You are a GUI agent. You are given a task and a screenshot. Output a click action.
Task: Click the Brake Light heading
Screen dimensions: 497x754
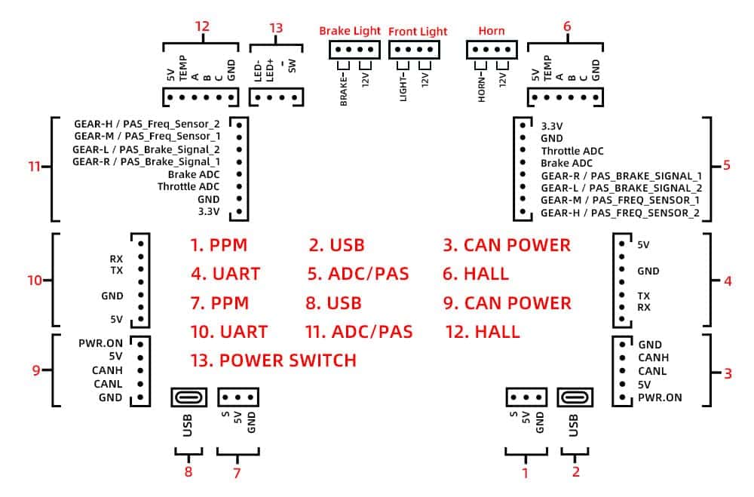[x=351, y=31]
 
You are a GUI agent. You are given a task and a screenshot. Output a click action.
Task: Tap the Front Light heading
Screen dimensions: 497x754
[x=418, y=32]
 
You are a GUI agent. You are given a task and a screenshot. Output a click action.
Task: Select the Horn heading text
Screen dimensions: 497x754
[x=492, y=32]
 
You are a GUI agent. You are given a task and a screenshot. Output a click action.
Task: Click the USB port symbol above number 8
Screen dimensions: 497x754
[x=187, y=397]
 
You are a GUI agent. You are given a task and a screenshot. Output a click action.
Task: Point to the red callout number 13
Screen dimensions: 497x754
[x=276, y=28]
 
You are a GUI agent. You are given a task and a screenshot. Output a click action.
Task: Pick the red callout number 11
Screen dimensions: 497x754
[x=32, y=166]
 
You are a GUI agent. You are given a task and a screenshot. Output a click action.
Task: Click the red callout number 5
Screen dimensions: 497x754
[x=726, y=165]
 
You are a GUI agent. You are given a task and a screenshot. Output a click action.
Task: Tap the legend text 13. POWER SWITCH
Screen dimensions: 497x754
[x=273, y=360]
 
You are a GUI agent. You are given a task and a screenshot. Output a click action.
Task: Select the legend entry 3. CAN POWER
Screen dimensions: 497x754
[x=507, y=245]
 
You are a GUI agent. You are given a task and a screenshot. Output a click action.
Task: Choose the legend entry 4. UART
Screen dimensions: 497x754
[x=225, y=273]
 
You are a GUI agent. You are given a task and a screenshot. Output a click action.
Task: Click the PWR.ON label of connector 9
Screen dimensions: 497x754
[x=100, y=342]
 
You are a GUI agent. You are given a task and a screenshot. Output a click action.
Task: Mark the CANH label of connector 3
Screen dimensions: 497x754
[x=653, y=357]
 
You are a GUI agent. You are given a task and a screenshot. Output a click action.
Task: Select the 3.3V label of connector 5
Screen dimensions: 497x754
[x=553, y=127]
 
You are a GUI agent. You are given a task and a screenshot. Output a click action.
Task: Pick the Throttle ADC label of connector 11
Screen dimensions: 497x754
[x=188, y=186]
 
